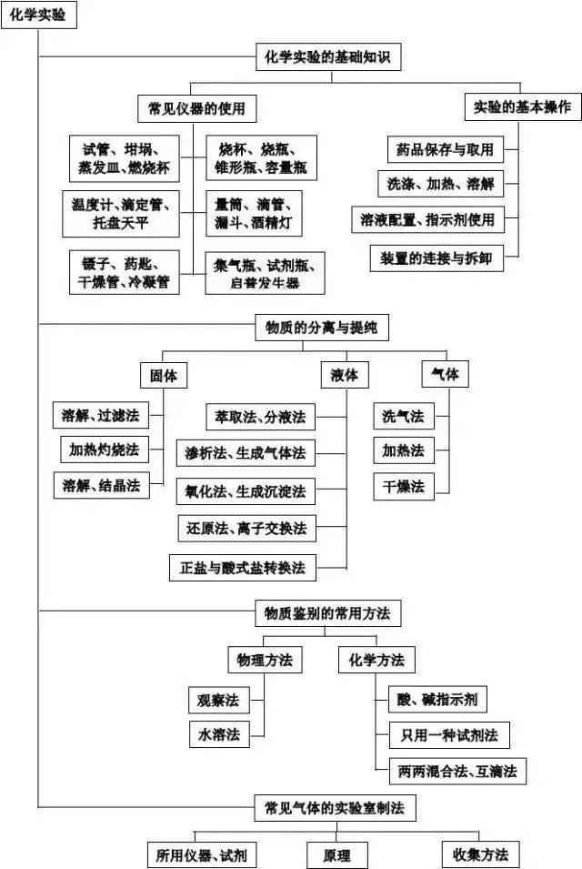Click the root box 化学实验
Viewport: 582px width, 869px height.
coord(38,15)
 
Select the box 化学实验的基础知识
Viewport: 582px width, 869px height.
coord(327,58)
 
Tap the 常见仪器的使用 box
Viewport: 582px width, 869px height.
coord(196,109)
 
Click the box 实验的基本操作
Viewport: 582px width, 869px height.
coord(522,106)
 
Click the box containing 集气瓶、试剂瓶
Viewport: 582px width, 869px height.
coord(265,274)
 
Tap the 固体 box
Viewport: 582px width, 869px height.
coord(164,374)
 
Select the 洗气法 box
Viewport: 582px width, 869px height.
coord(403,417)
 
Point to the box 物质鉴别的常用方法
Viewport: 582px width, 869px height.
coord(326,614)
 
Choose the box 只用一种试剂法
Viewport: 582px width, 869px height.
coord(448,735)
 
